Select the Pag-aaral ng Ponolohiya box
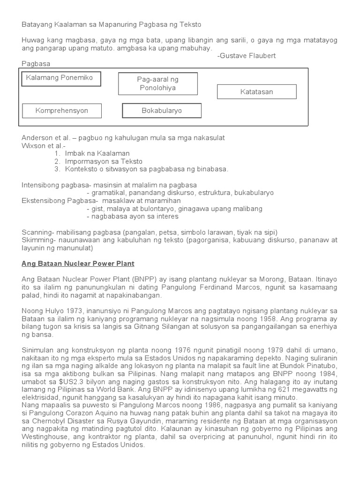157,84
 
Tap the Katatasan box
256,92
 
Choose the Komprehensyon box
62,111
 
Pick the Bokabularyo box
162,111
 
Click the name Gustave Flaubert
248,56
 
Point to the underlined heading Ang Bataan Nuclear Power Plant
78,263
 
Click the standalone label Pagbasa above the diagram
36,64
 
